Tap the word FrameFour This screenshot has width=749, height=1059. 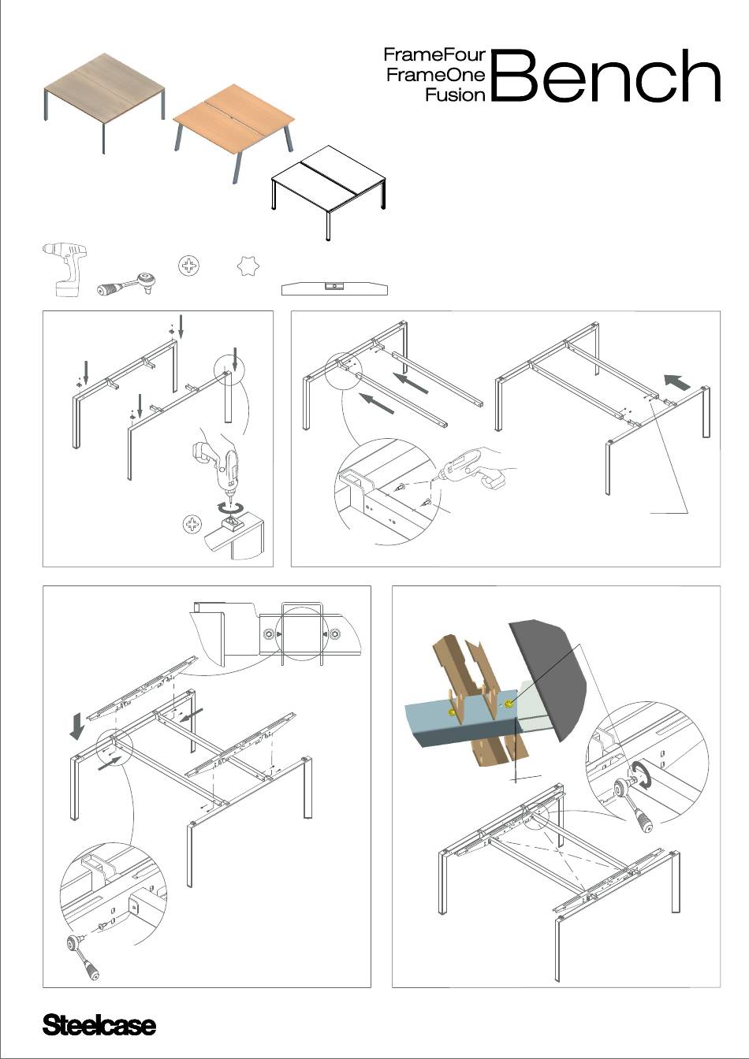[434, 55]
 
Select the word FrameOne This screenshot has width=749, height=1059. [436, 75]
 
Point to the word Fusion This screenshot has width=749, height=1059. [455, 95]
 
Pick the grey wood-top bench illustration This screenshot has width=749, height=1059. [105, 101]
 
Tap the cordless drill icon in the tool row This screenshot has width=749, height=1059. [65, 269]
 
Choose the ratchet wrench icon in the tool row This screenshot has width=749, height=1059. [126, 284]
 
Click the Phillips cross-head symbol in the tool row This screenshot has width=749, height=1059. [189, 266]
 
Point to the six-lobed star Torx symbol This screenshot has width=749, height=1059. [248, 266]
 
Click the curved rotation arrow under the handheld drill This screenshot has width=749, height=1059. [230, 507]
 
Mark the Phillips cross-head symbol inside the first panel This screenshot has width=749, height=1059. [192, 524]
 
